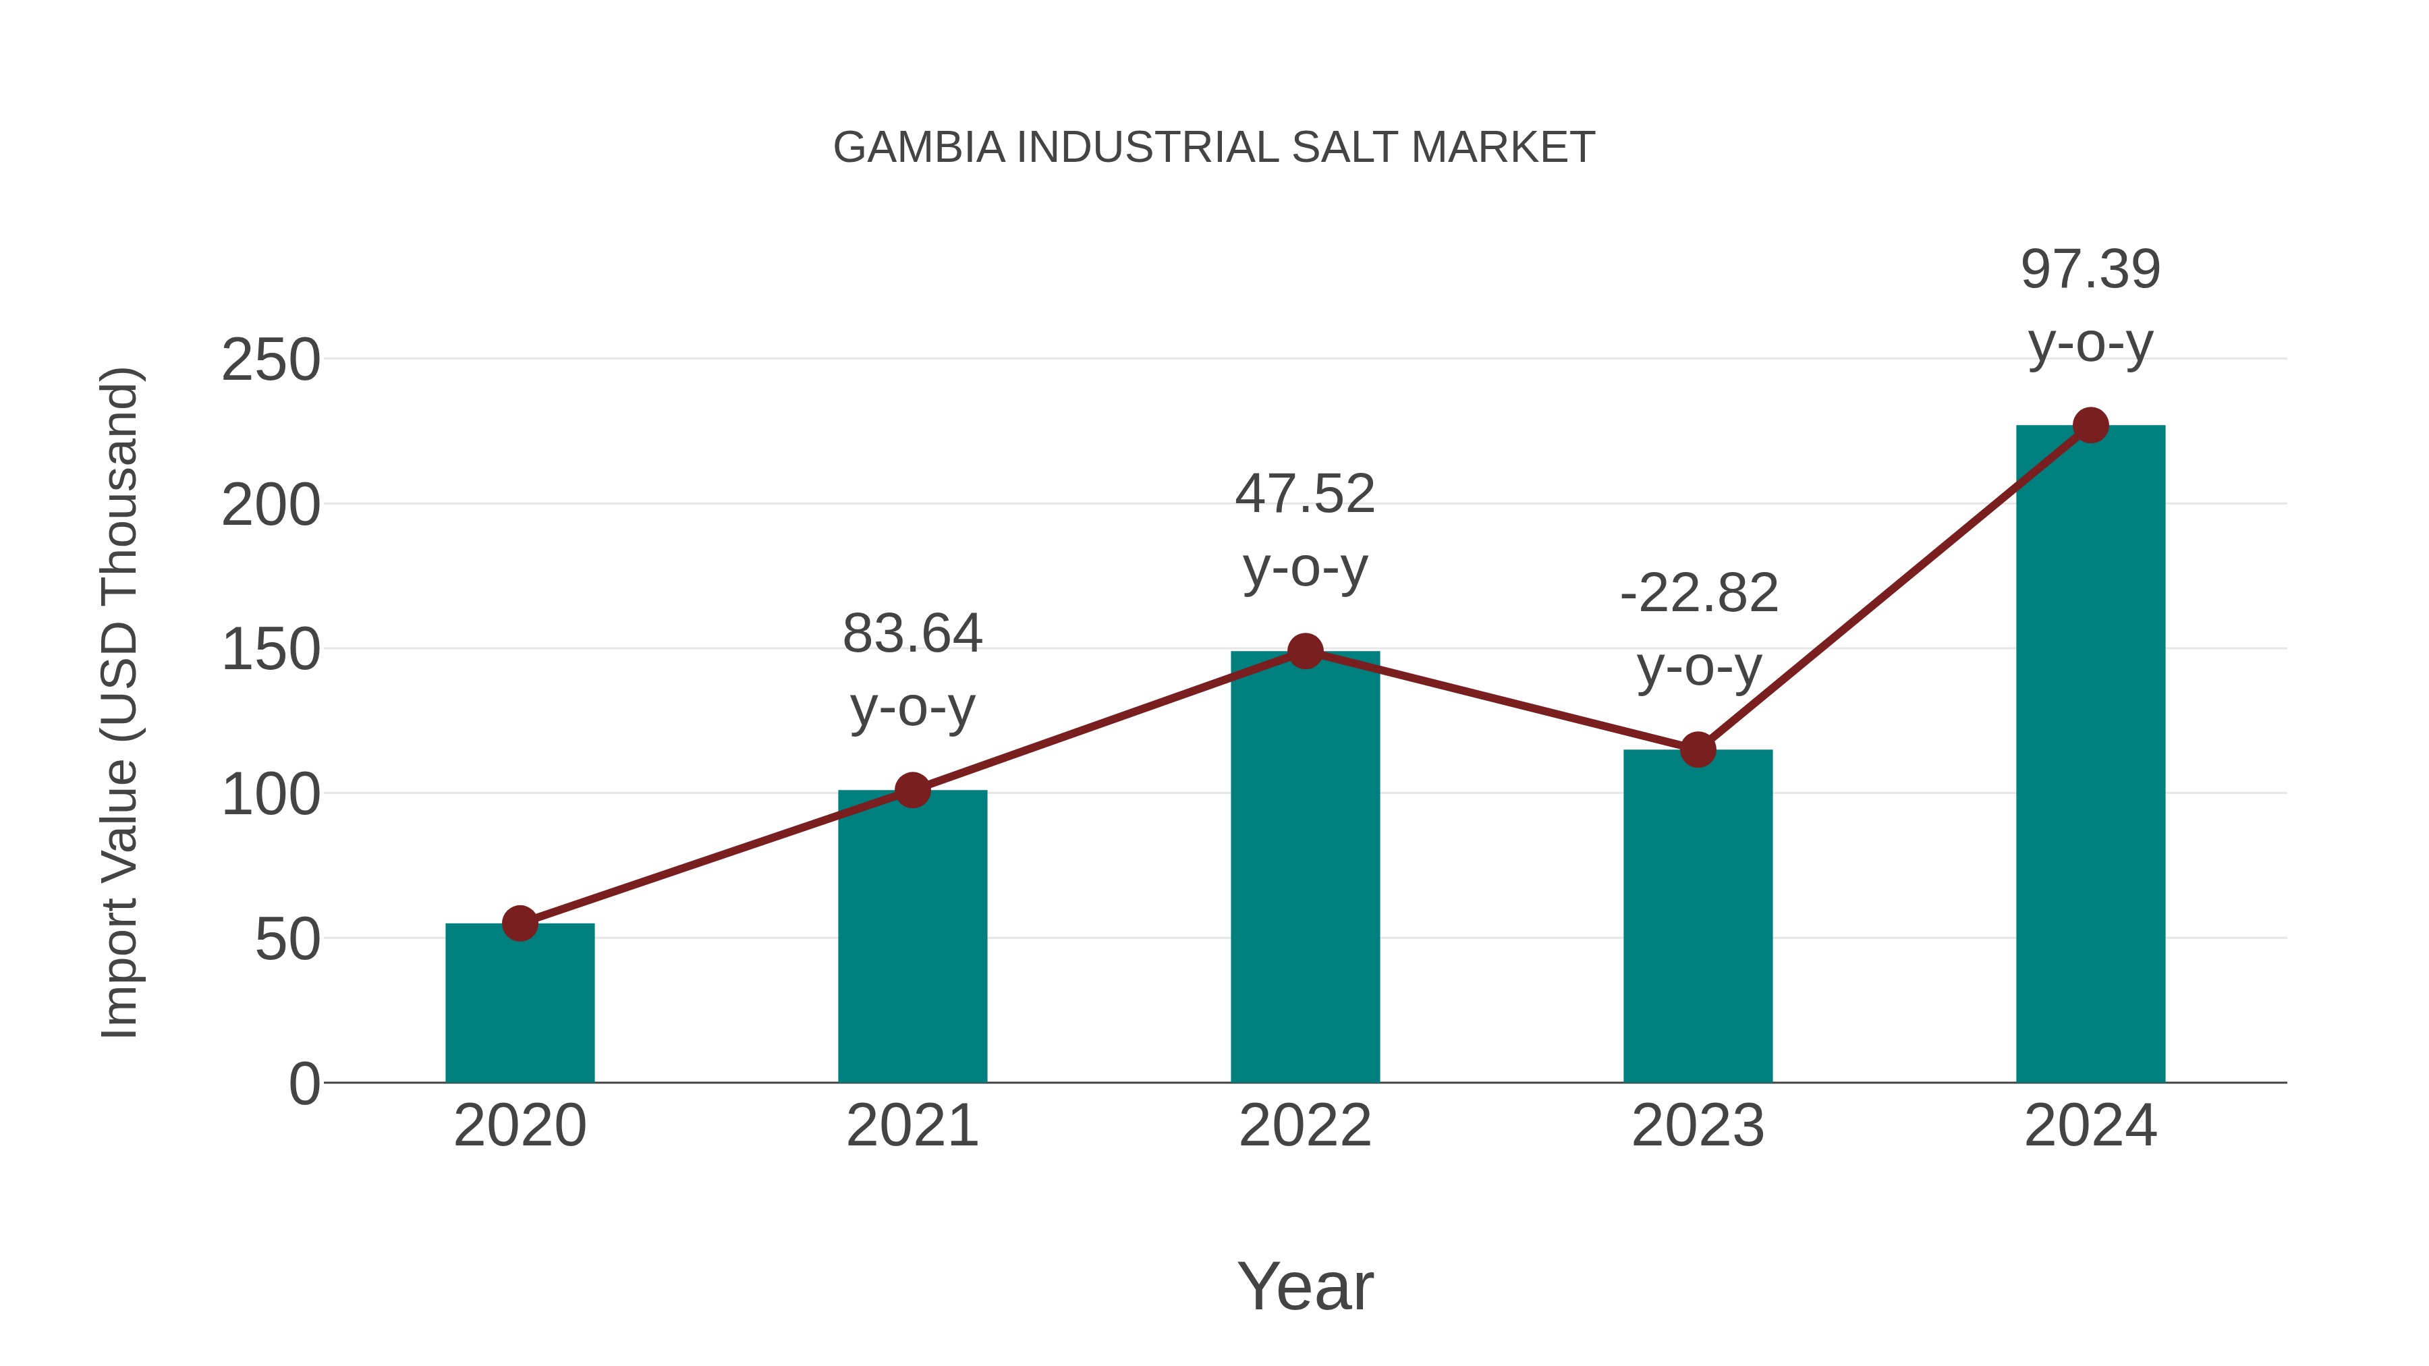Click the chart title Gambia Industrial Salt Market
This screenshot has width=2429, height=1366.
pyautogui.click(x=1214, y=148)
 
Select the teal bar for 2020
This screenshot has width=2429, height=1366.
pyautogui.click(x=520, y=1003)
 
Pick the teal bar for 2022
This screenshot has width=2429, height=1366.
pyautogui.click(x=1305, y=867)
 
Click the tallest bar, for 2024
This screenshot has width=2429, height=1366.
pyautogui.click(x=2090, y=754)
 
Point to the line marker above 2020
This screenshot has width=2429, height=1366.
pyautogui.click(x=520, y=924)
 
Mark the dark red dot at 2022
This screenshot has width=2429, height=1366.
pyautogui.click(x=1305, y=652)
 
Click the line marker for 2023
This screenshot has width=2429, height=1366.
pyautogui.click(x=1698, y=750)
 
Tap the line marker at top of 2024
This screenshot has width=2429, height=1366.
pyautogui.click(x=2090, y=426)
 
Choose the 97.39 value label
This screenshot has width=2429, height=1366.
pyautogui.click(x=2090, y=270)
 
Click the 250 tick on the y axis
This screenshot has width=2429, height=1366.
pyautogui.click(x=271, y=360)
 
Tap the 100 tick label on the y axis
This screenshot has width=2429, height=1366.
pyautogui.click(x=271, y=795)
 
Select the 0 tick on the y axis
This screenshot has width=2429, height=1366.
pyautogui.click(x=304, y=1084)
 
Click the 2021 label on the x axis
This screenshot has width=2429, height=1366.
pyautogui.click(x=912, y=1126)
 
